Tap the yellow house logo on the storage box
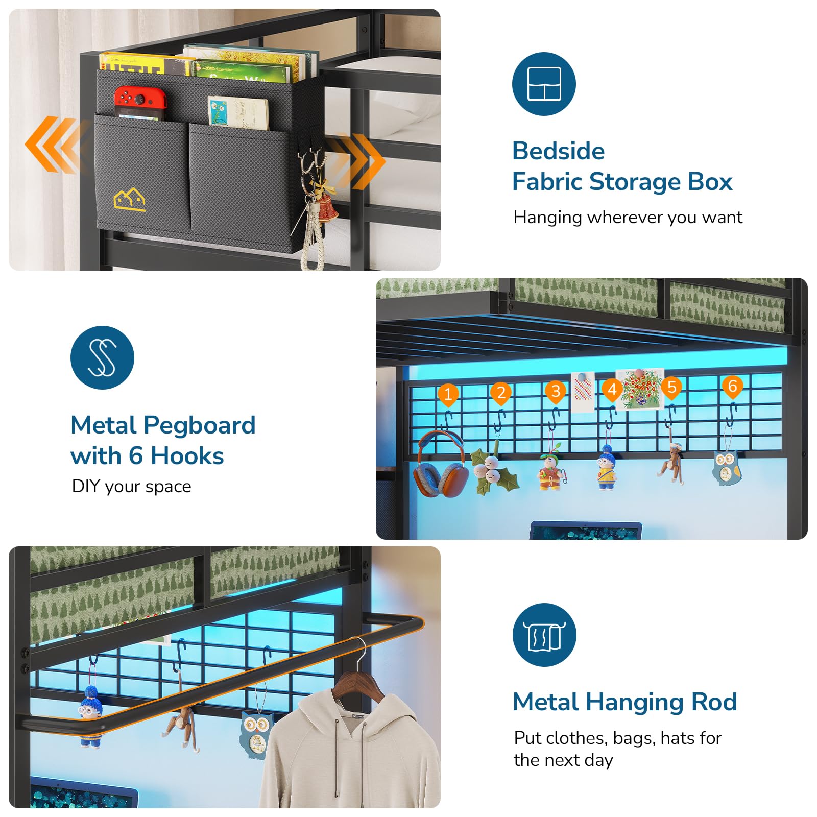click(130, 199)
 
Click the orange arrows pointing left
click(51, 145)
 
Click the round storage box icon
click(544, 84)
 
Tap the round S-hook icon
click(102, 357)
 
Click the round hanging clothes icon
click(544, 635)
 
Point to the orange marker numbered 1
click(448, 394)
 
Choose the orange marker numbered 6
click(732, 387)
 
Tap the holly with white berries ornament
click(493, 471)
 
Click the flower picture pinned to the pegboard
click(640, 389)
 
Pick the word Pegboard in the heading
click(199, 426)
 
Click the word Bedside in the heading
click(558, 151)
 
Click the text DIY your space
click(131, 487)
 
